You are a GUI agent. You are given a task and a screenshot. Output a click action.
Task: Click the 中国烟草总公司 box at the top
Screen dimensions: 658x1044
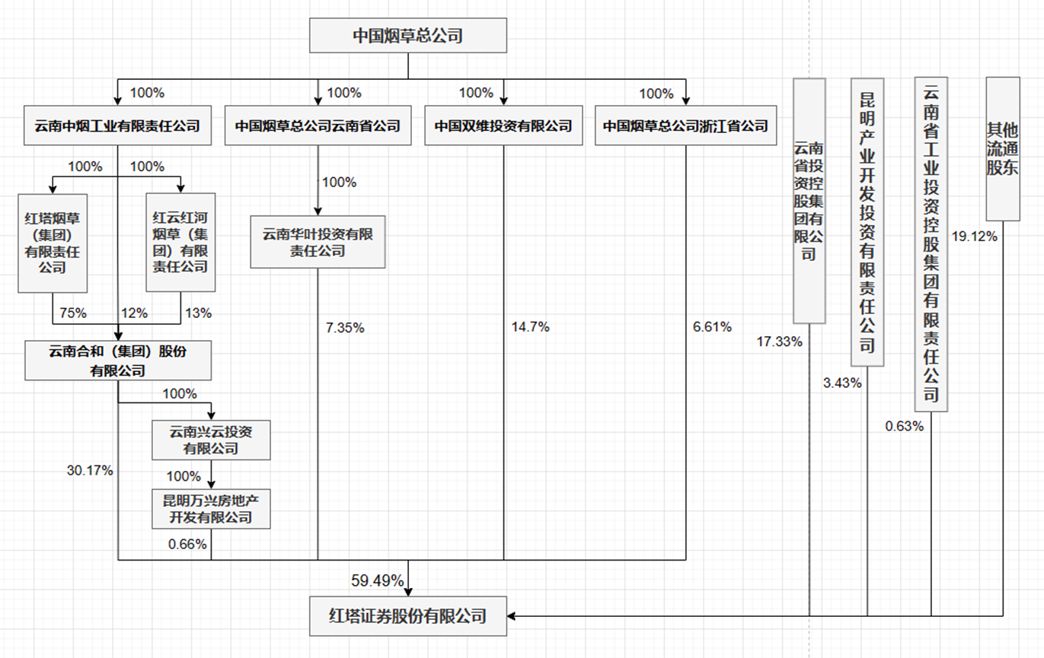[x=407, y=36]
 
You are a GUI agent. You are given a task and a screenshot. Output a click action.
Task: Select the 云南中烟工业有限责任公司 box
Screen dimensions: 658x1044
[x=117, y=126]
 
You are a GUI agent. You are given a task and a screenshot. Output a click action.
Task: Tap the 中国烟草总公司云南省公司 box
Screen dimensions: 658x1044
[x=318, y=126]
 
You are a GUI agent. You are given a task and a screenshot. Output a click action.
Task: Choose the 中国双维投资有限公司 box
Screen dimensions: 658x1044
[x=503, y=126]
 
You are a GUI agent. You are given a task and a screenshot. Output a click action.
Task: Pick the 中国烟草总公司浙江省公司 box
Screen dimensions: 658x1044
[x=685, y=126]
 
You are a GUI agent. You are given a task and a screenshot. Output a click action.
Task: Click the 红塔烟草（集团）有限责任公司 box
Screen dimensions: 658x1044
[x=53, y=243]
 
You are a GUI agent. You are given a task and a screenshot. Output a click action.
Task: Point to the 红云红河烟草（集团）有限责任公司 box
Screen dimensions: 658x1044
[x=180, y=243]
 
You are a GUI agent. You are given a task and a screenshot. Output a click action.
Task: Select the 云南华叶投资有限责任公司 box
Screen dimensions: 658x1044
[x=318, y=242]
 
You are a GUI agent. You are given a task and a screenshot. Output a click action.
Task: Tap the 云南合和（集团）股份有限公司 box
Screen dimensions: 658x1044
[x=117, y=361]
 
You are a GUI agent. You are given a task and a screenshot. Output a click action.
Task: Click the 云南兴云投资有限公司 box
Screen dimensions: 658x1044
[x=211, y=440]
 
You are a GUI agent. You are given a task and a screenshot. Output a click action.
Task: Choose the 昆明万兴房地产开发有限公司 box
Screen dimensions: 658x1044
[x=211, y=510]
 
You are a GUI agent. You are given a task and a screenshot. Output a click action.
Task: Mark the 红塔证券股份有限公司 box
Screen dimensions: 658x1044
[x=407, y=615]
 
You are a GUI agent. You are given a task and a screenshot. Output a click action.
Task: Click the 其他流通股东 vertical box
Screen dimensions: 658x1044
[x=1002, y=148]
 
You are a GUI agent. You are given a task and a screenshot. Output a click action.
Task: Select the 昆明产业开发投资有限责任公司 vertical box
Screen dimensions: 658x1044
[x=867, y=221]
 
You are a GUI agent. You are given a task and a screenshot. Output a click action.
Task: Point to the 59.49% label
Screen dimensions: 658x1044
[x=377, y=580]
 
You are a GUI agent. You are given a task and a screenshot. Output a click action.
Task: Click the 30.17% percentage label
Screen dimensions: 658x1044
[x=90, y=471]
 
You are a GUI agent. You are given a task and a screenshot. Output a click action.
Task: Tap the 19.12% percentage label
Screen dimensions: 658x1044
[x=974, y=237]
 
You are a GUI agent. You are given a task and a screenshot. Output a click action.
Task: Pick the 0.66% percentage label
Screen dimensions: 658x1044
[x=187, y=544]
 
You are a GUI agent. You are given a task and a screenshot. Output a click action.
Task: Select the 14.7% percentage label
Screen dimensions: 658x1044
[x=530, y=328]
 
